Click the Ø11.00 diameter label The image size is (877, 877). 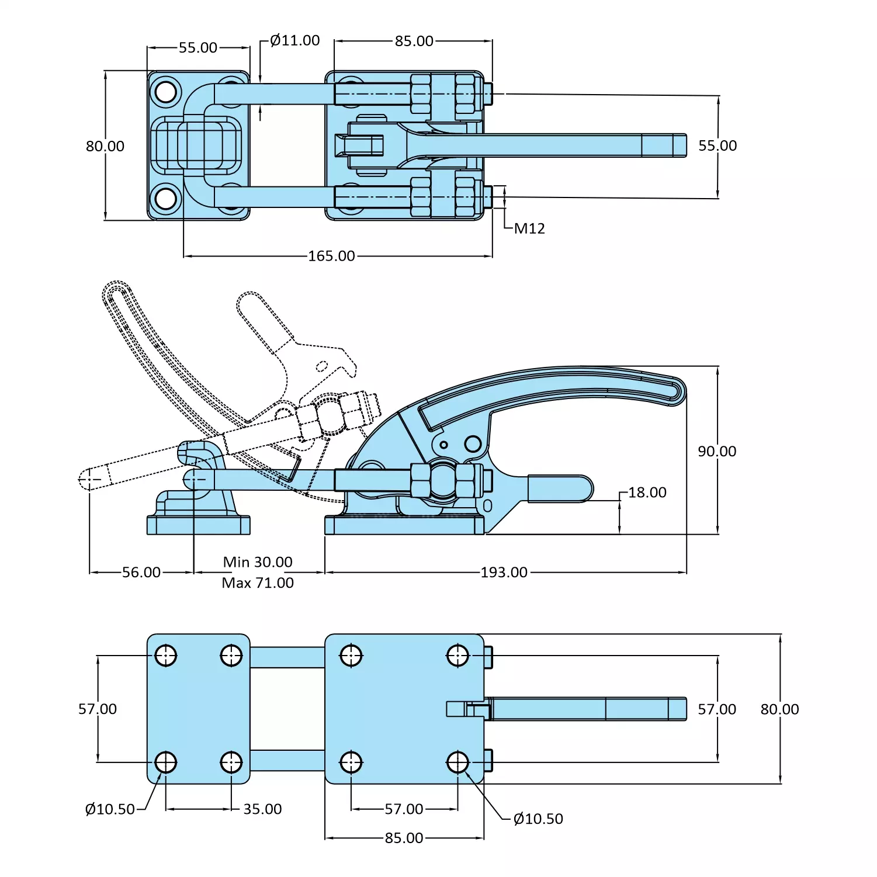coord(295,40)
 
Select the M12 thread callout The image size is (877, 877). coord(529,228)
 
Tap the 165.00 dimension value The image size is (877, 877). coord(331,256)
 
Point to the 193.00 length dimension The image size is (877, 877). coord(504,572)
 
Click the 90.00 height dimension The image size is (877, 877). coord(717,451)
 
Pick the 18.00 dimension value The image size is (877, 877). coord(647,493)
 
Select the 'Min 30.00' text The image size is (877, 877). coord(258,562)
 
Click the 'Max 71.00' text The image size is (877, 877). coord(258,583)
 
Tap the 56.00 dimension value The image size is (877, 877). coord(141,572)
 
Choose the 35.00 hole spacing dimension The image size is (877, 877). coord(262,809)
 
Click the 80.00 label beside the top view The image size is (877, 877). coord(105,146)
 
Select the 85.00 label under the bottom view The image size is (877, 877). coord(404,838)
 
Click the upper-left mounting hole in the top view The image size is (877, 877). coord(166,92)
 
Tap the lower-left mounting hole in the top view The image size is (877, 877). coord(166,199)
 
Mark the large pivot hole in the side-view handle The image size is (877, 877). coord(473,444)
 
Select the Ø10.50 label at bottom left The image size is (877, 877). coord(110,809)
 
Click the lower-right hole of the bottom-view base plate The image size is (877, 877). coord(457,762)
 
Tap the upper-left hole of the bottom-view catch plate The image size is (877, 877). coord(166,656)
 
